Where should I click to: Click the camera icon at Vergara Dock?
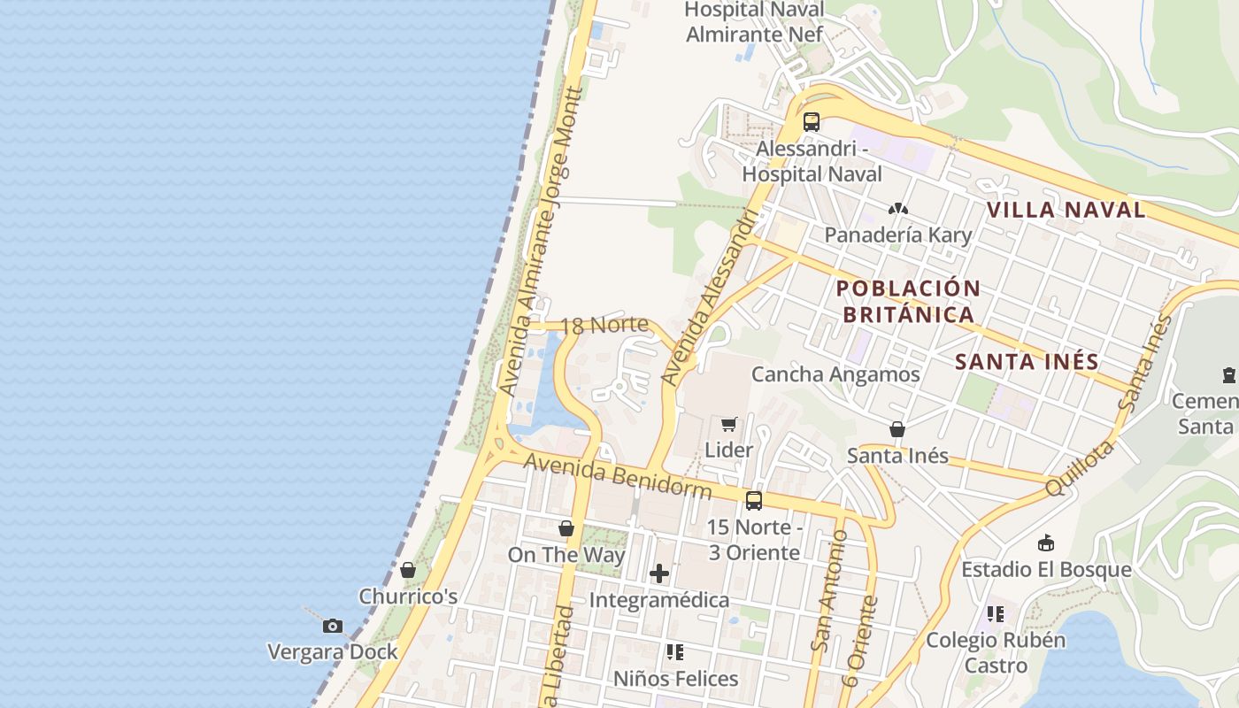click(x=333, y=626)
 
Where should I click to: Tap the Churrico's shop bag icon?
click(x=408, y=570)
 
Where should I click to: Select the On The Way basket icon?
click(x=566, y=528)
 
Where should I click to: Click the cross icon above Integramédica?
click(x=659, y=573)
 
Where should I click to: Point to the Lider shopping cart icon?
click(x=728, y=424)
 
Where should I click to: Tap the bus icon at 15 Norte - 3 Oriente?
click(x=754, y=501)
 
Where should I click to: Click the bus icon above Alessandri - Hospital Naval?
click(x=812, y=122)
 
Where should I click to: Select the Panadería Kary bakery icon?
click(x=898, y=210)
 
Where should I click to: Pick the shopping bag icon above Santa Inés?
click(x=897, y=429)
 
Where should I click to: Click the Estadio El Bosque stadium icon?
click(x=1046, y=543)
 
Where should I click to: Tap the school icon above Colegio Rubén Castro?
click(x=996, y=613)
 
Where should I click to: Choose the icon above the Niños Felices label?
click(x=675, y=652)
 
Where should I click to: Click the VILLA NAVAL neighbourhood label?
click(x=1066, y=210)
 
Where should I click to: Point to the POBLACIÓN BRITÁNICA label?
click(x=908, y=301)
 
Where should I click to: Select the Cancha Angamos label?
click(x=835, y=374)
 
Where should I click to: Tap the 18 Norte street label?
click(x=604, y=325)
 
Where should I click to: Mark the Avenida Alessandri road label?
click(x=711, y=301)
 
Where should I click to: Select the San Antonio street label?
click(x=823, y=590)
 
